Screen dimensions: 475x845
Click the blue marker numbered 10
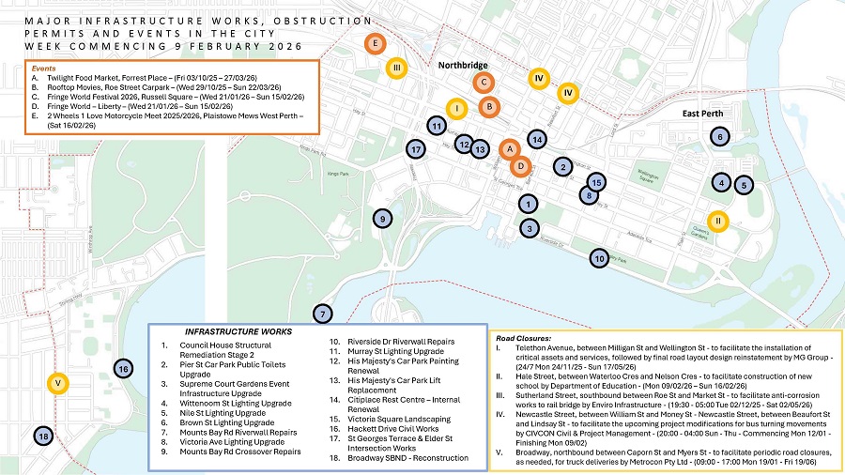pyautogui.click(x=599, y=257)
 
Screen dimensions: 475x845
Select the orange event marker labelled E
pyautogui.click(x=375, y=43)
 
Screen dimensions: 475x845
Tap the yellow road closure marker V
pyautogui.click(x=58, y=383)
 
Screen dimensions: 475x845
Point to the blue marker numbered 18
pyautogui.click(x=42, y=436)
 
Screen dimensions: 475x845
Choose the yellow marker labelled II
pyautogui.click(x=718, y=221)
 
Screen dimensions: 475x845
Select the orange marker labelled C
pyautogui.click(x=484, y=83)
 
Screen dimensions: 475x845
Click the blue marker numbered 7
pyautogui.click(x=322, y=314)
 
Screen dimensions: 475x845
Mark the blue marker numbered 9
pyautogui.click(x=382, y=219)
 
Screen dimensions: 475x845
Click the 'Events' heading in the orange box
pyautogui.click(x=42, y=69)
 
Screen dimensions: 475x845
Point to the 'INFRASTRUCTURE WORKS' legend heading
pyautogui.click(x=238, y=331)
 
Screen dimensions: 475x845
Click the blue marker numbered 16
pyautogui.click(x=122, y=368)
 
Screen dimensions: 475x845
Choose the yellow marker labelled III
pyautogui.click(x=397, y=67)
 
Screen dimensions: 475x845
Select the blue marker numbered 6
pyautogui.click(x=719, y=137)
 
